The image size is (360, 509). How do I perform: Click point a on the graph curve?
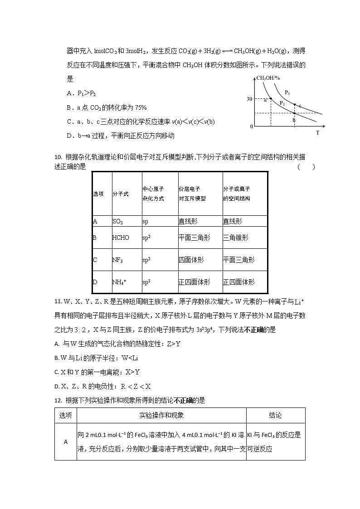pos(271,98)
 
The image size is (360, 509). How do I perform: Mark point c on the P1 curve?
pos(295,105)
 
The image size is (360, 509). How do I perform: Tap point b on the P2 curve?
pos(295,113)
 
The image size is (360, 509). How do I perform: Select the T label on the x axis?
pos(317,133)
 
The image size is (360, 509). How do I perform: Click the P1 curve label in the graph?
pos(287,92)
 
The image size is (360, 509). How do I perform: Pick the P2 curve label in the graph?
pos(282,103)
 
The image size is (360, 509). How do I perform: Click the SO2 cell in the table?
pos(118,222)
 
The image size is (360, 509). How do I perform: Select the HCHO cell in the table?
pos(121,238)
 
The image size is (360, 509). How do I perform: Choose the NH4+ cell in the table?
pos(119,282)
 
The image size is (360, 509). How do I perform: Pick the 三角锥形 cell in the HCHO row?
pos(235,238)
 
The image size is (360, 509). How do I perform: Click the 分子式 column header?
pos(121,194)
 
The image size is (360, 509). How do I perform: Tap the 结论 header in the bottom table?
pos(275,415)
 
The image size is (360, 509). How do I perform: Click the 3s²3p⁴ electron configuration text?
pos(202,330)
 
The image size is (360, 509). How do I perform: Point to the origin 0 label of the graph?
pos(251,127)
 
